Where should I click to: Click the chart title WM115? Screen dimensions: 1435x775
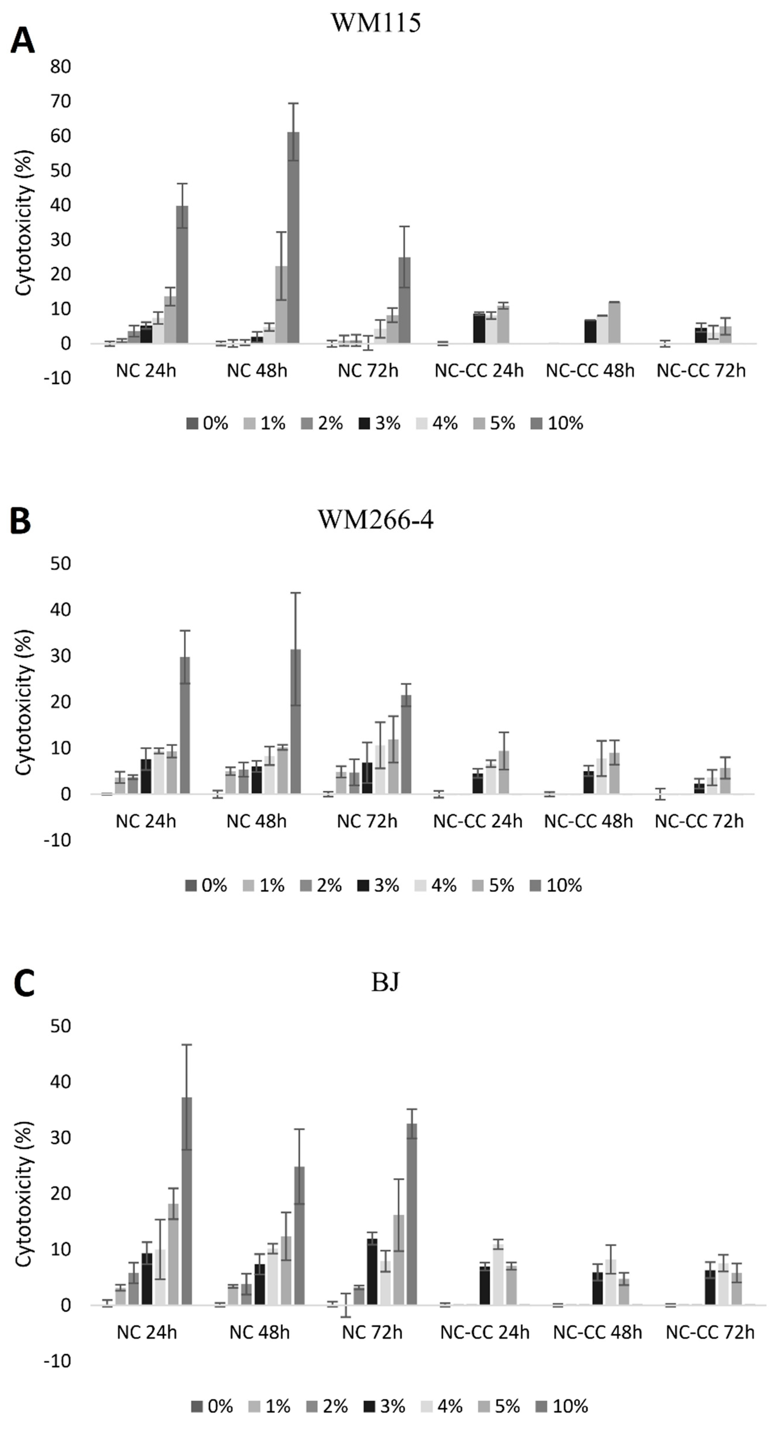click(376, 23)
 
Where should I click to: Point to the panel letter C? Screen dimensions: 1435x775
click(23, 983)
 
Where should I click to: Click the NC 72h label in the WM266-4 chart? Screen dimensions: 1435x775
click(367, 821)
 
